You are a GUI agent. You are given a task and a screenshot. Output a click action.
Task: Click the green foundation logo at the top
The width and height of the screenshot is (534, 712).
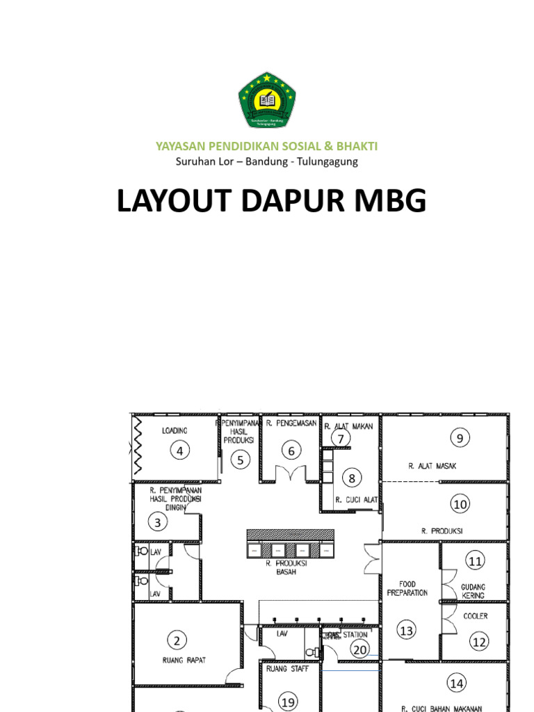coord(267,101)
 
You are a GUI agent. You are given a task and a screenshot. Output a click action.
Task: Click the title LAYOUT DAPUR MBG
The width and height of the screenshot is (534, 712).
coord(270,202)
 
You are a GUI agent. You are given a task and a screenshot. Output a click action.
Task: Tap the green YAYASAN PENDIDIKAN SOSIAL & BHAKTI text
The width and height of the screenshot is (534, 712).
coord(267,146)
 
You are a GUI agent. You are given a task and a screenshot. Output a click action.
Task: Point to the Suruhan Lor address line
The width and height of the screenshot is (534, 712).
coord(267,162)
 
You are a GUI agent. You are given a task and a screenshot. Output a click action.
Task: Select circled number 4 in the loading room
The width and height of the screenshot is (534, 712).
coord(181,451)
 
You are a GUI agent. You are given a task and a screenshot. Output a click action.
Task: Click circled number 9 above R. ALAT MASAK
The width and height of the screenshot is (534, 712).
coord(460,438)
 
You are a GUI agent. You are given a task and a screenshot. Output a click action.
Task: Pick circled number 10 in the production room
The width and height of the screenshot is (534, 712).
coord(460,504)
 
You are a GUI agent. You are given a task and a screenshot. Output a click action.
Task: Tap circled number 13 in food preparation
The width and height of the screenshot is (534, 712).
coord(406,631)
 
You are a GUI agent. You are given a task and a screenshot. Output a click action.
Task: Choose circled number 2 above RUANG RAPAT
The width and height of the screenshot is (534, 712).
coord(177,640)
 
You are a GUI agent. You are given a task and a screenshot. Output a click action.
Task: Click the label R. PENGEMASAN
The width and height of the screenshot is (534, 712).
coord(291,423)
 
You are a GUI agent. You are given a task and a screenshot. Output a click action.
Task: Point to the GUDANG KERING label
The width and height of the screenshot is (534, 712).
coord(473,591)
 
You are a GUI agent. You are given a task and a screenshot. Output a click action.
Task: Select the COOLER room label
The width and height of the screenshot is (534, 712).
coord(476,616)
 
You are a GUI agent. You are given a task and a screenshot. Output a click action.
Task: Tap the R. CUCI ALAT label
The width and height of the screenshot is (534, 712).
coord(356,500)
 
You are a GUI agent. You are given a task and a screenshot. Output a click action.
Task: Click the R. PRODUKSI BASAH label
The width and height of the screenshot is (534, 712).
coord(291,567)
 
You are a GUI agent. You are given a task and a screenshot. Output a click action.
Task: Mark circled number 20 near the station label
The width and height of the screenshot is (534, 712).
coord(359,649)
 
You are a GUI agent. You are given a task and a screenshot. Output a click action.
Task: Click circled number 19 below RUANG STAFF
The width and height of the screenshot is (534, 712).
coord(288,702)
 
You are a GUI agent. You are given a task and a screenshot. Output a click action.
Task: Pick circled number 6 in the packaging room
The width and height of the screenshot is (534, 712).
coord(292,451)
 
